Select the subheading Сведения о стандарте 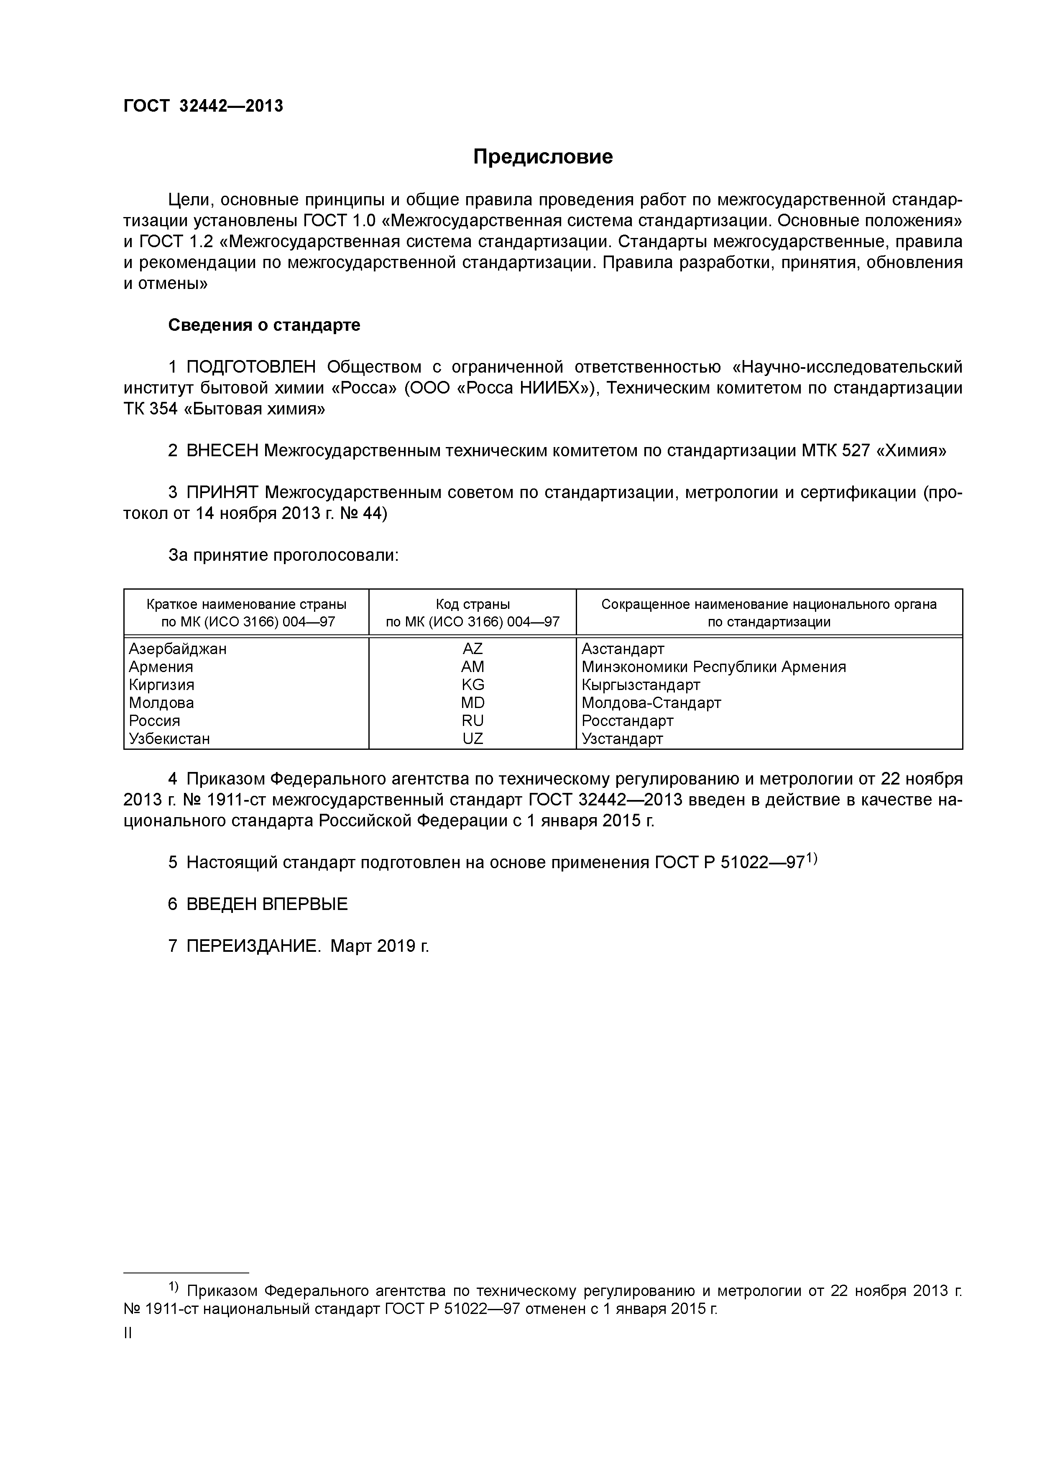(264, 325)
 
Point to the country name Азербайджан (178, 649)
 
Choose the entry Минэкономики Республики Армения (713, 667)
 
